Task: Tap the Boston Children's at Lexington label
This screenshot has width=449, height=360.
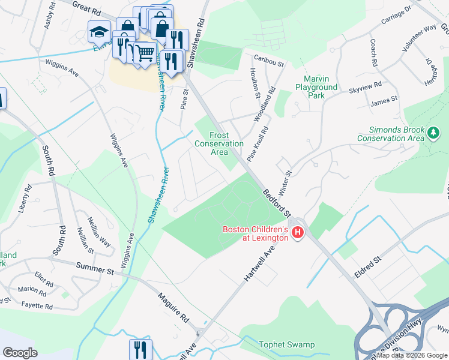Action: pos(255,233)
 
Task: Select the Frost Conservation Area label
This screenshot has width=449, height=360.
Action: pos(219,143)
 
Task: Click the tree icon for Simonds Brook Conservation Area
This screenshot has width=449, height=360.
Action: pos(433,131)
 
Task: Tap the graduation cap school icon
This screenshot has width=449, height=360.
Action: pos(99,31)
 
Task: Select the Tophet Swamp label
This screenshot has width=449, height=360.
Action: pos(286,344)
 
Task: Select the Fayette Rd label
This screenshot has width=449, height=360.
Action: pos(35,306)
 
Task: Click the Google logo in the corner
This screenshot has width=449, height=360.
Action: pos(20,352)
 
